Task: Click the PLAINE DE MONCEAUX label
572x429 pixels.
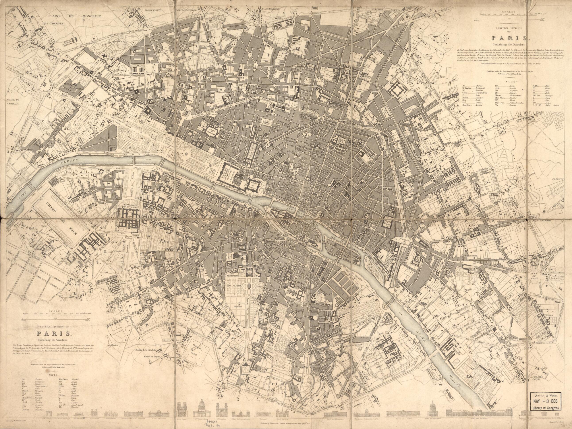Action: coord(75,16)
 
